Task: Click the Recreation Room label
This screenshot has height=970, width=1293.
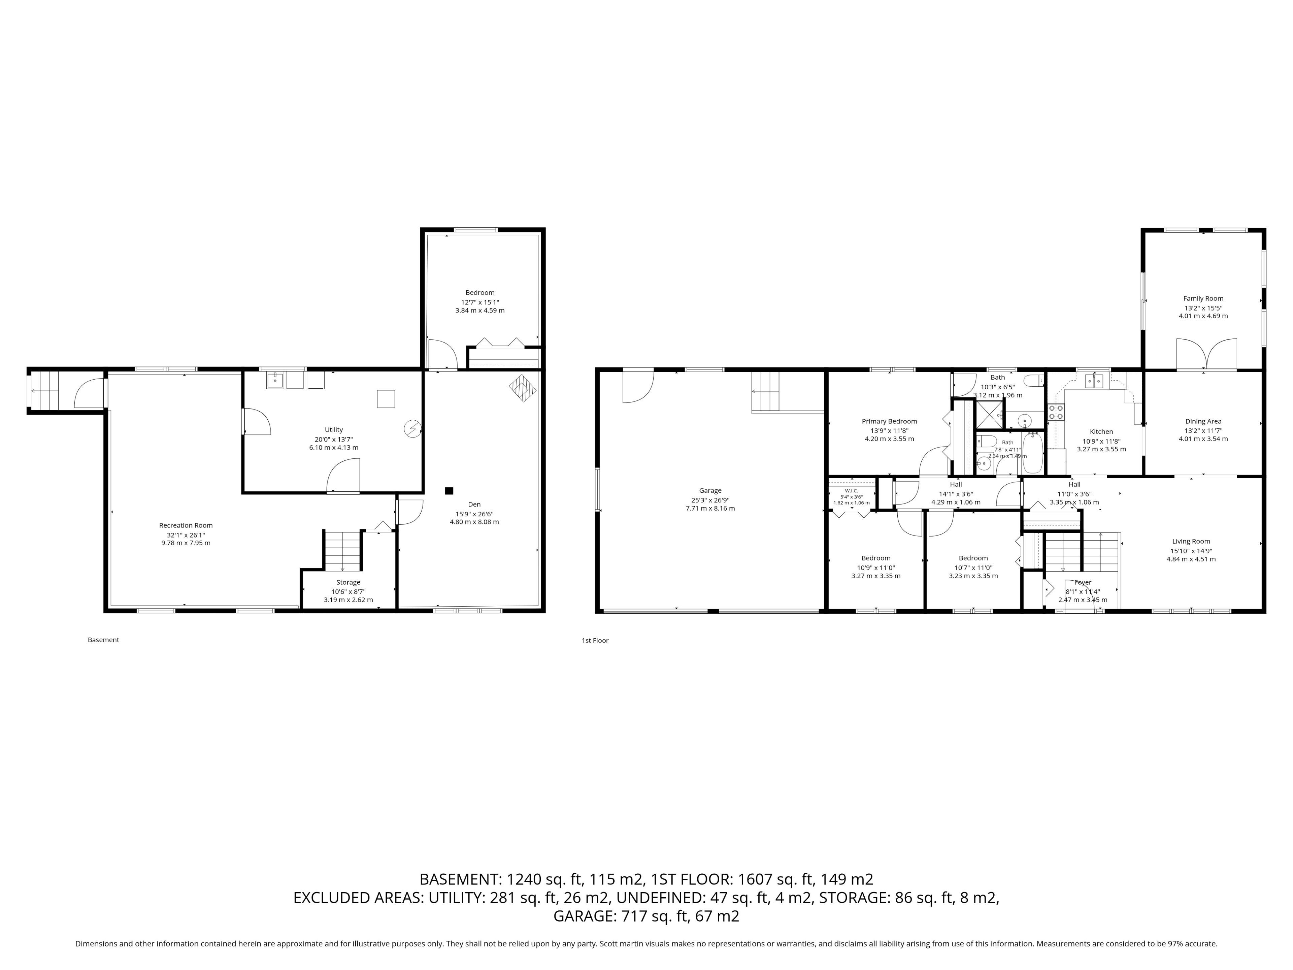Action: (x=186, y=525)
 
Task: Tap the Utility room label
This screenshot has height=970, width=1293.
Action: (x=334, y=430)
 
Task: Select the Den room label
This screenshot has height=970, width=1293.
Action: (x=474, y=504)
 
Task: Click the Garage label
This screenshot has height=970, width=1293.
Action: (x=710, y=490)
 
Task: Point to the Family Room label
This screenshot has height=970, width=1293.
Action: (x=1203, y=298)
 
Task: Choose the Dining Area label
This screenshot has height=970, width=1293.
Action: (x=1203, y=421)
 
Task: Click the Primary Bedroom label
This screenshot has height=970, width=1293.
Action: (x=889, y=421)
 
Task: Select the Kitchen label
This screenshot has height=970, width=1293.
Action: (x=1101, y=431)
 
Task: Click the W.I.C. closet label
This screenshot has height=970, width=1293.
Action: (x=851, y=490)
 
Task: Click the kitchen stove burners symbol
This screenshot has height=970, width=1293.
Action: (x=1056, y=412)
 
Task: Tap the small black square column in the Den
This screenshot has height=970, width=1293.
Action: (x=449, y=490)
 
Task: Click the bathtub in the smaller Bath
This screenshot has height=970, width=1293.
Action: (x=1032, y=453)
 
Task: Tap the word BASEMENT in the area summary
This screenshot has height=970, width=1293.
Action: (x=459, y=879)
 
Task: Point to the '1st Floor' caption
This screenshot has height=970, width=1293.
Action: (x=595, y=640)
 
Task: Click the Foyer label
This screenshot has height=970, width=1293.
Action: (x=1083, y=582)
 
